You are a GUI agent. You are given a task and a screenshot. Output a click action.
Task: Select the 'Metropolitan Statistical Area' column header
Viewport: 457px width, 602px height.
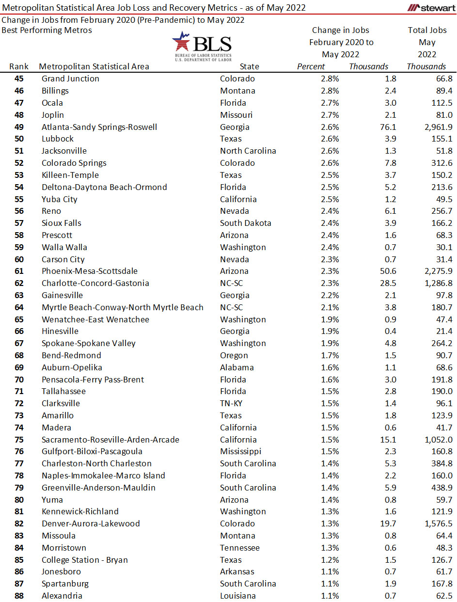tap(94, 66)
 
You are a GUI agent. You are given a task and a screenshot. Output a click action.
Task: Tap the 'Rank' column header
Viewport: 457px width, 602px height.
tap(19, 66)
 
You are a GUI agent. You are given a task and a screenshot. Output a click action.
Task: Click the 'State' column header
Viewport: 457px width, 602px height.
tap(249, 66)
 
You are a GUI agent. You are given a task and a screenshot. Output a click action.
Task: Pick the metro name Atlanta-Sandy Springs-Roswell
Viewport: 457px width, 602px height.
tap(99, 127)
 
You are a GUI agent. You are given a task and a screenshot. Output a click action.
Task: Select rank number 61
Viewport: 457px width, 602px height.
tap(19, 271)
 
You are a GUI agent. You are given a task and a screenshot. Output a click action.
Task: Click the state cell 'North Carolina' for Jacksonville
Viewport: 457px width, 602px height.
tap(248, 151)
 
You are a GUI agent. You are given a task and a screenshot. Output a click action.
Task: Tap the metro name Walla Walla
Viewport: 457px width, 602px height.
tap(64, 247)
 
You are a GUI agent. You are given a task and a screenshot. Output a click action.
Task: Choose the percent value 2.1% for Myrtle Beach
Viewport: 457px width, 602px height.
tap(329, 307)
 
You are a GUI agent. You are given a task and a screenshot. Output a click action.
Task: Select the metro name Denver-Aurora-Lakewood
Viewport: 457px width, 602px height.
tap(91, 523)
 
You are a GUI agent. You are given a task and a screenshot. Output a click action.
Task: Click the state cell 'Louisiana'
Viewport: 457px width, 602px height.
tap(237, 596)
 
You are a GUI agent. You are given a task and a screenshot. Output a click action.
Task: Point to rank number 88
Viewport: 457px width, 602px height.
tap(19, 596)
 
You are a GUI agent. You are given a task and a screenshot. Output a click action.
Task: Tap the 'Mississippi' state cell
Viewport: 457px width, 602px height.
tap(240, 451)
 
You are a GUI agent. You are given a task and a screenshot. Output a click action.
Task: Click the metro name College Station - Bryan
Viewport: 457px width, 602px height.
tap(85, 560)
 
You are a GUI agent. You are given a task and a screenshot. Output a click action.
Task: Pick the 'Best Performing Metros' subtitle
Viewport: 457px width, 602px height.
tap(47, 30)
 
